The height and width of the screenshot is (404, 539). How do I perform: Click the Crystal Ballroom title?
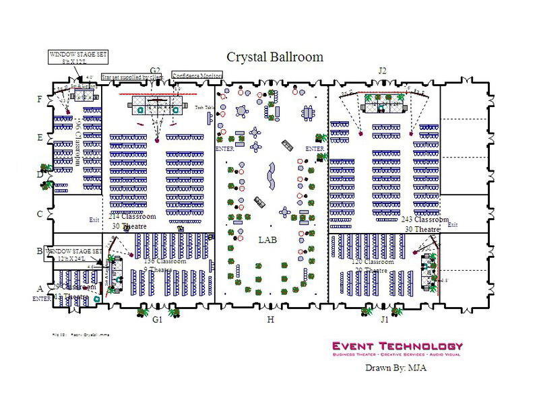pyautogui.click(x=275, y=57)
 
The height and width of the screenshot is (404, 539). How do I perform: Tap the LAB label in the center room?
pyautogui.click(x=268, y=239)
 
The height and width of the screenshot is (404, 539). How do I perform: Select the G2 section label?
pyautogui.click(x=156, y=71)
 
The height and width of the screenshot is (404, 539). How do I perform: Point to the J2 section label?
pyautogui.click(x=382, y=70)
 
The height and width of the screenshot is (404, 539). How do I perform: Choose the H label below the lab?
pyautogui.click(x=271, y=320)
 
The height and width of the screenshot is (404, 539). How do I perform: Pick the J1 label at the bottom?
pyautogui.click(x=384, y=320)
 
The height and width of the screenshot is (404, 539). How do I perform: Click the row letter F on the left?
pyautogui.click(x=40, y=100)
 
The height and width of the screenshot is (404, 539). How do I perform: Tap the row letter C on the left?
pyautogui.click(x=40, y=214)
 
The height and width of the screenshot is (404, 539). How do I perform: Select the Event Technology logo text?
pyautogui.click(x=398, y=346)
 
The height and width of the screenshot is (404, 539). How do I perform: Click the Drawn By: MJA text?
pyautogui.click(x=396, y=368)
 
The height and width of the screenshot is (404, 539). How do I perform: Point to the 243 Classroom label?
pyautogui.click(x=425, y=220)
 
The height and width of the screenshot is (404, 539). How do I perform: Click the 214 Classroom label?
pyautogui.click(x=132, y=217)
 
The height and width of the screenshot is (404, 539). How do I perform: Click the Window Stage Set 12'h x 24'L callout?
pyautogui.click(x=74, y=254)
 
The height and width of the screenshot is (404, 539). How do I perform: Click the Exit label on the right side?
pyautogui.click(x=452, y=225)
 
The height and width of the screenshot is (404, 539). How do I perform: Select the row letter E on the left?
pyautogui.click(x=40, y=137)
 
